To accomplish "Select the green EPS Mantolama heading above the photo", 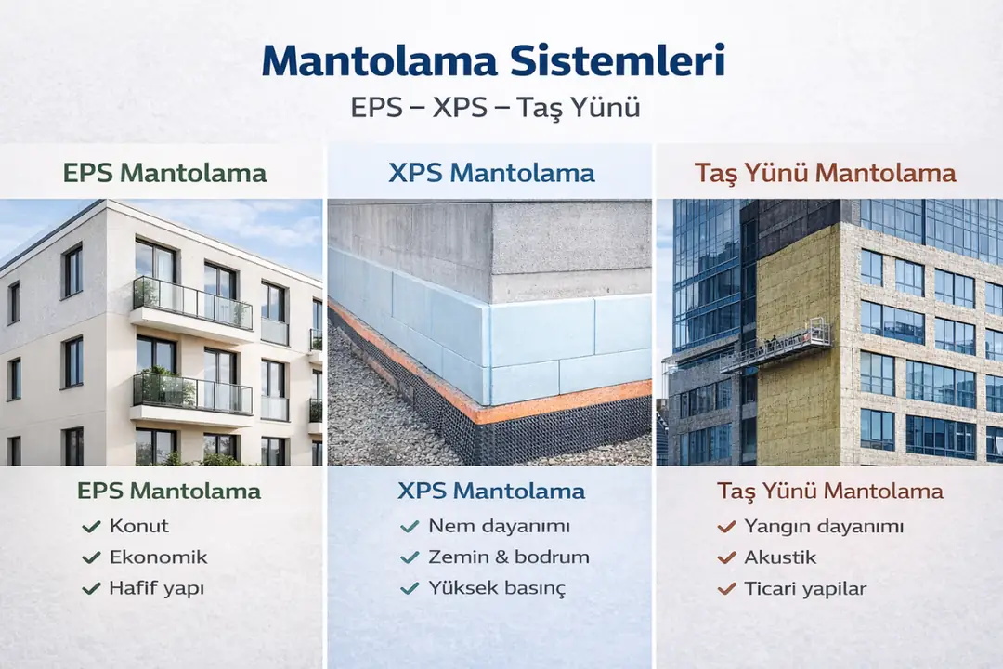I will point(164,173).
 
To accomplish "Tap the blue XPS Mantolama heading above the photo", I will point(490,173).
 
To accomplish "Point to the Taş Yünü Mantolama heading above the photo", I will point(825,173).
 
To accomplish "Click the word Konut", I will point(139,526).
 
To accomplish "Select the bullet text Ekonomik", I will point(158,557).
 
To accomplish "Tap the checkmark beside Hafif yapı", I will point(91,589).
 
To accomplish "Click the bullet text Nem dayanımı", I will point(499,526).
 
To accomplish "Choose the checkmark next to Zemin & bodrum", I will point(410,557).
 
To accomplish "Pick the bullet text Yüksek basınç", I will point(497,588).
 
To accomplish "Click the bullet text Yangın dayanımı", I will point(824,526).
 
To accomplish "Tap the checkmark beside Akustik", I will point(726,557).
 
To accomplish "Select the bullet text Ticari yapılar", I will point(805,589).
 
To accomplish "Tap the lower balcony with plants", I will point(191,395).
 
